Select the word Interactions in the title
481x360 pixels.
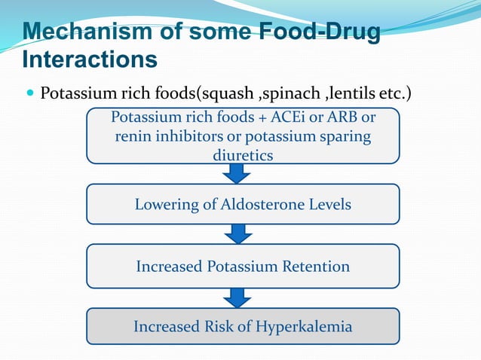(x=90, y=59)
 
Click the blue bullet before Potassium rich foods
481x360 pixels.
(x=30, y=96)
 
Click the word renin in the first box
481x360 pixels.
(x=133, y=137)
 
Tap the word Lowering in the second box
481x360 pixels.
(x=164, y=204)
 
